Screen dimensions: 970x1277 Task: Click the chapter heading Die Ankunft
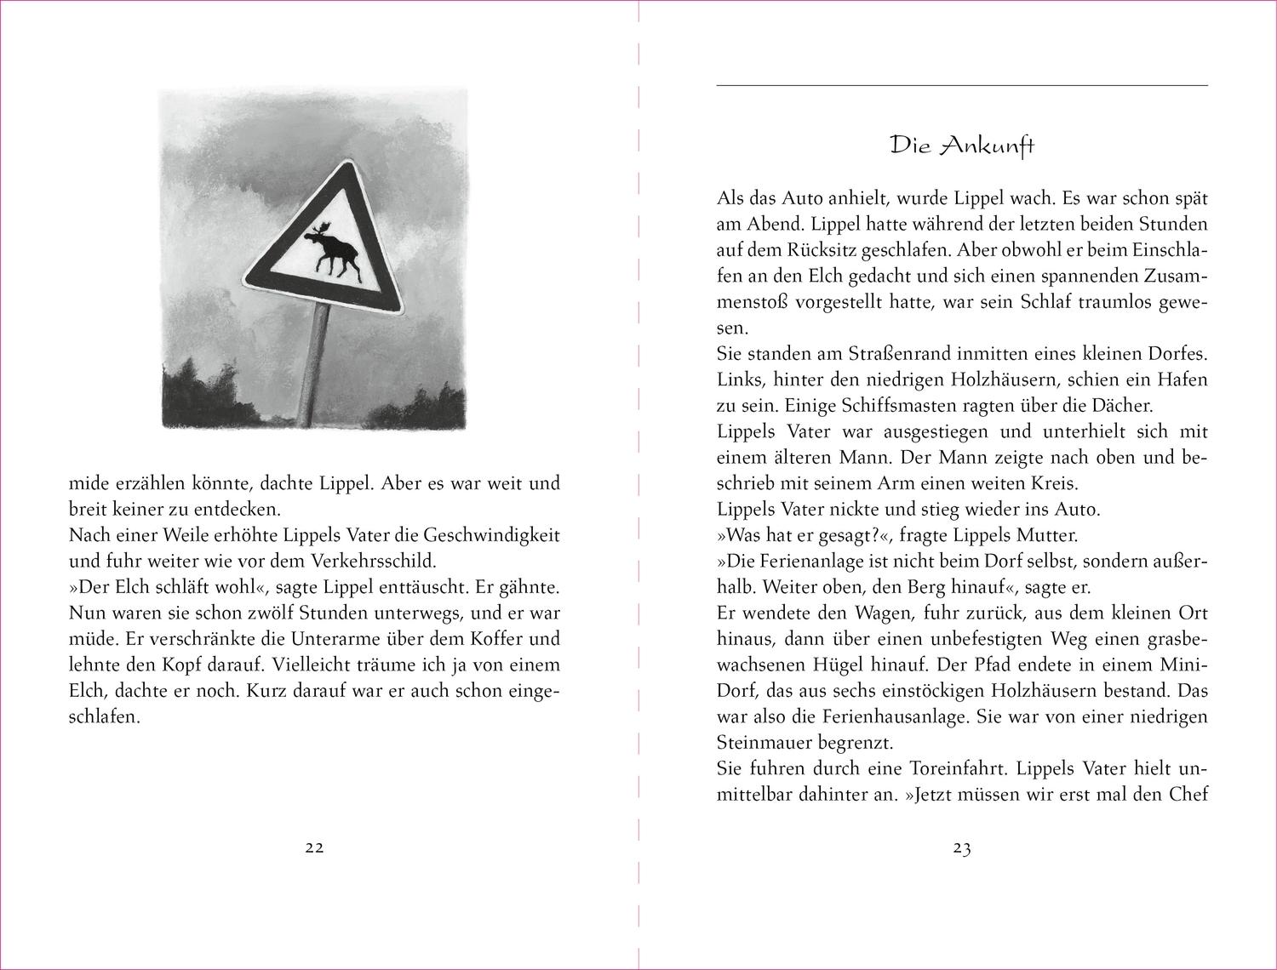pyautogui.click(x=962, y=145)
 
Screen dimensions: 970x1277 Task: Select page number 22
pyautogui.click(x=314, y=847)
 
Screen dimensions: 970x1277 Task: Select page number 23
pyautogui.click(x=962, y=847)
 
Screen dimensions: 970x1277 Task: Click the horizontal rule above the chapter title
pyautogui.click(x=962, y=85)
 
